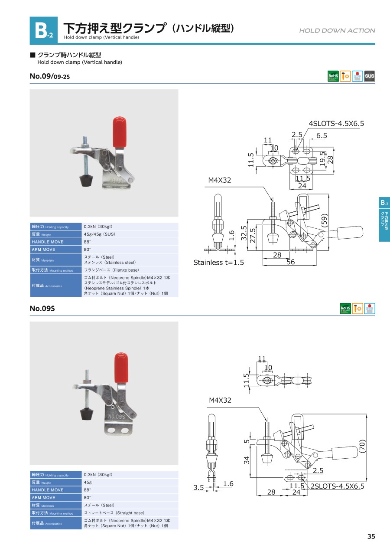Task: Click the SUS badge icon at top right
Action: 370,76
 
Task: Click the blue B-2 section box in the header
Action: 43,30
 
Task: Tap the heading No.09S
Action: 42,309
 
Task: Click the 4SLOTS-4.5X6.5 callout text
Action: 336,124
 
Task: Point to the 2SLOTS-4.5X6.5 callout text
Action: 338,486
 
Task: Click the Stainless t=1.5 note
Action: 218,263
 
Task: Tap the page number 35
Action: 371,536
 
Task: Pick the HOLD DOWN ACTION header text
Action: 337,30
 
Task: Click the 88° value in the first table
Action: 87,242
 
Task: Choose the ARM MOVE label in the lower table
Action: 43,498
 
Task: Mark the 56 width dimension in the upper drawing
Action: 290,262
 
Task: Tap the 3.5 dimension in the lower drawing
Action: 198,488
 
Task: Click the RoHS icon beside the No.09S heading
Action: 345,309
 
